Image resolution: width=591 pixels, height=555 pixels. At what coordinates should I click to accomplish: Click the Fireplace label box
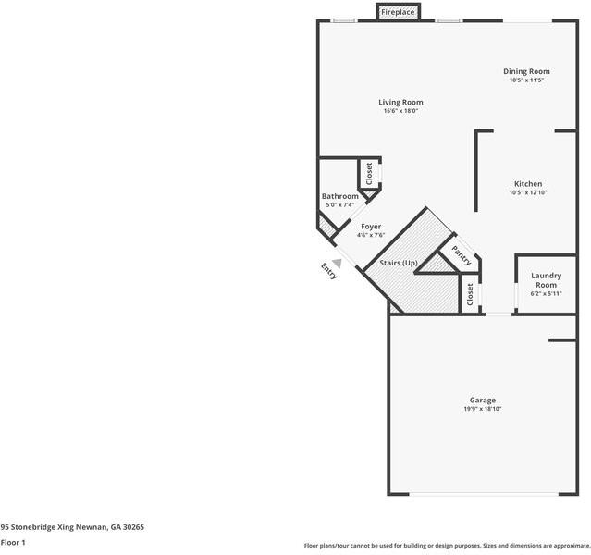coord(399,12)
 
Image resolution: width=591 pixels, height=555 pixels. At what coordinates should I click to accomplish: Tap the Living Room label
coord(400,102)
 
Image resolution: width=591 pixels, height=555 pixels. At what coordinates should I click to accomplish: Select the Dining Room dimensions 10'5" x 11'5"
coord(526,80)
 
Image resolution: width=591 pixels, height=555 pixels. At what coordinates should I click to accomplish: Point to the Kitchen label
coord(528,183)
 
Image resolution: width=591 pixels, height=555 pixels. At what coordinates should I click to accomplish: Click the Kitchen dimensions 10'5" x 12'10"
coord(528,192)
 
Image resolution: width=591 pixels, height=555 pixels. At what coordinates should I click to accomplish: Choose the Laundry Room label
coord(546,280)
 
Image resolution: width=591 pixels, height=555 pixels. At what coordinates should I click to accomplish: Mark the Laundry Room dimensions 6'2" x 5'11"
coord(546,294)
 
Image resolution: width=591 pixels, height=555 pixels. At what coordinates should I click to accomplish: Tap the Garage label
coord(482,400)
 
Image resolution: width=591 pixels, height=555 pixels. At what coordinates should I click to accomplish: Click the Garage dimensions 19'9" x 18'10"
coord(482,409)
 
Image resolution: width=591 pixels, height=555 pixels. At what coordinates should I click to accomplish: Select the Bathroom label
coord(339,196)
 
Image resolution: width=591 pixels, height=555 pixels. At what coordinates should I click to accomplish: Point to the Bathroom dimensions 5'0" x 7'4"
coord(339,204)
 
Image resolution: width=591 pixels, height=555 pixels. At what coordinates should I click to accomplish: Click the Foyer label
coord(371,226)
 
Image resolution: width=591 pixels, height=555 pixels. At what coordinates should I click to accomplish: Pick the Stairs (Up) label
coord(399,264)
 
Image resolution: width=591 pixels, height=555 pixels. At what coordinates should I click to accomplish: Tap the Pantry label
coord(460,253)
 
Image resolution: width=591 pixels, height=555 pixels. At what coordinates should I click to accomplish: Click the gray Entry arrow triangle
coord(338,263)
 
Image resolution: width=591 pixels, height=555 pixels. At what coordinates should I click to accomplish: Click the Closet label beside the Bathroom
coord(369,173)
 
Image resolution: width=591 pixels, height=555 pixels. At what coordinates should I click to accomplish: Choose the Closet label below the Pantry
coord(470,295)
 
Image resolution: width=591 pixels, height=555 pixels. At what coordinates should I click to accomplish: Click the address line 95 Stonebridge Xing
coord(72,527)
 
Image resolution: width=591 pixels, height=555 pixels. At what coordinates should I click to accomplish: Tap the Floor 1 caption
coord(13,543)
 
